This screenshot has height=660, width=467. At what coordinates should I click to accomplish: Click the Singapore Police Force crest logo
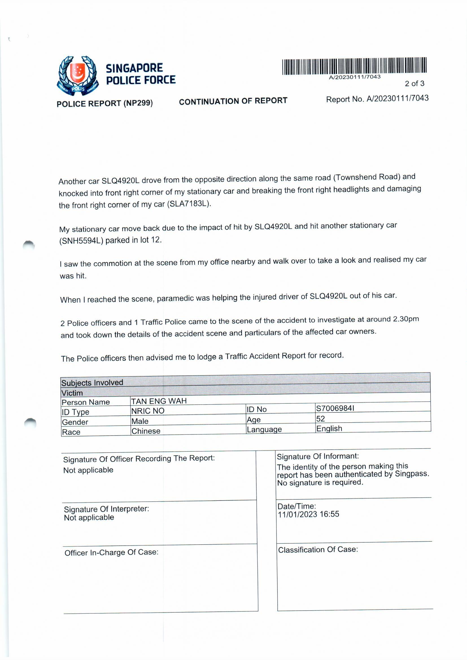pos(78,76)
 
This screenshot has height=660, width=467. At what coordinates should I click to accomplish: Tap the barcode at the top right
pos(354,66)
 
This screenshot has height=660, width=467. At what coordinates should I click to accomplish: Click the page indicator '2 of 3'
pos(414,84)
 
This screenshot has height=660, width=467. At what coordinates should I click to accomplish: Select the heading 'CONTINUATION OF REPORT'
pos(233,101)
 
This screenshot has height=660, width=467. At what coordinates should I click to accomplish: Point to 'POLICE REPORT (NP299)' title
pos(105,103)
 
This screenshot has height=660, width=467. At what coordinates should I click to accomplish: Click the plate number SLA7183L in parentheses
pos(189,204)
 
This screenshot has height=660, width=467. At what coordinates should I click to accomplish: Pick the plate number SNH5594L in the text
pos(81,241)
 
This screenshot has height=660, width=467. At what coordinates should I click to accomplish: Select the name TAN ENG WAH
pos(159,401)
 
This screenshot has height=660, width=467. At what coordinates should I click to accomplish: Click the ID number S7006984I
pos(335,408)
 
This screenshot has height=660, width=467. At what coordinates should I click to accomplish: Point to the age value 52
pos(320,419)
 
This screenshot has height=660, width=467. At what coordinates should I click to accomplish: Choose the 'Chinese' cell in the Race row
pos(146,431)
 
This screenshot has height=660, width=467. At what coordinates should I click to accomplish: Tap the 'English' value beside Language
pos(329,429)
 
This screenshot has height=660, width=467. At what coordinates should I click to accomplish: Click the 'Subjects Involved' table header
pos(92,383)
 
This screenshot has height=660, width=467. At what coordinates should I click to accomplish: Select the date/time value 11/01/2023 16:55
pos(308,514)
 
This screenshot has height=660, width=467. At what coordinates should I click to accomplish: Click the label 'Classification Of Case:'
pos(318,550)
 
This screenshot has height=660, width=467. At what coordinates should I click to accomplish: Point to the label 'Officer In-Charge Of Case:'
pos(111,552)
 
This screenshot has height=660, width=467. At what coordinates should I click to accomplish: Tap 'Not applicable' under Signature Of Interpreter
pos(89,518)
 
